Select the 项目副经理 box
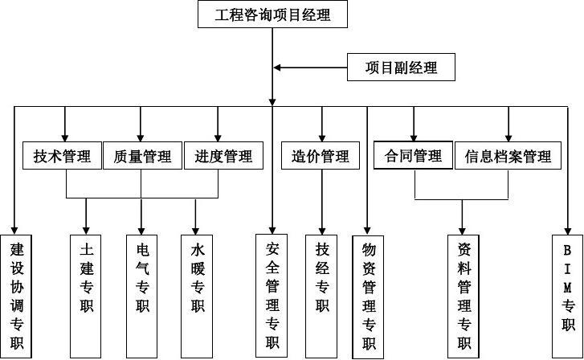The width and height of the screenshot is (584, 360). coord(402,67)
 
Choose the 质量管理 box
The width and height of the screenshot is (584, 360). coord(142,156)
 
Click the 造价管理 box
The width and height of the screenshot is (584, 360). coord(321,156)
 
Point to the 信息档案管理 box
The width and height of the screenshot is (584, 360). coord(508,156)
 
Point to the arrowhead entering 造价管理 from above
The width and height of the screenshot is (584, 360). coord(322,137)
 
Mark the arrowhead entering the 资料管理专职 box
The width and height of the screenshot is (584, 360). coord(463,229)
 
